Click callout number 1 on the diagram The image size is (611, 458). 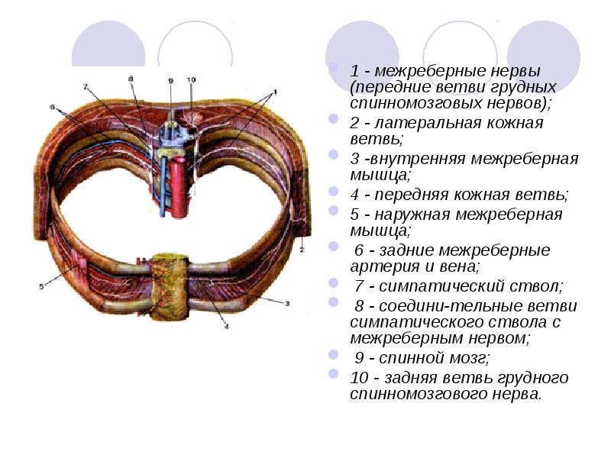click(276, 92)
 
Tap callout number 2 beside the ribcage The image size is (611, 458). click(302, 250)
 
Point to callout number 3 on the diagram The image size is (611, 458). click(288, 304)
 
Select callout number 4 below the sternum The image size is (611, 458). click(227, 327)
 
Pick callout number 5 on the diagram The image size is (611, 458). click(42, 287)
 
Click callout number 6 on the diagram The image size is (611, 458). click(53, 108)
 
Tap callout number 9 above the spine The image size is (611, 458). click(171, 80)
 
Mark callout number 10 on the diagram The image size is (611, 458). click(191, 79)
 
